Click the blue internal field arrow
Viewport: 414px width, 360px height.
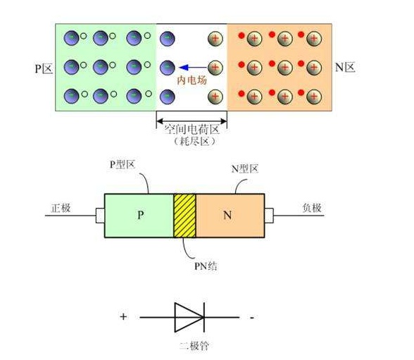(192, 68)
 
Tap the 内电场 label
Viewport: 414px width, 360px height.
(192, 80)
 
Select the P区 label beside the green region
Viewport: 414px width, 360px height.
(44, 68)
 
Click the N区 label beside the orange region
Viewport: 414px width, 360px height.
(345, 68)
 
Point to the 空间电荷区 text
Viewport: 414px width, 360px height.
(192, 130)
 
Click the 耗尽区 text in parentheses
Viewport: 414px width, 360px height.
(194, 142)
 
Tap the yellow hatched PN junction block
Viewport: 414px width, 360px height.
(184, 216)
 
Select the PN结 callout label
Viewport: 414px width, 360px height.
(206, 266)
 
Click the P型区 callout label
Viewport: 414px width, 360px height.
(123, 165)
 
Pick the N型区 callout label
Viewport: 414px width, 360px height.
(245, 168)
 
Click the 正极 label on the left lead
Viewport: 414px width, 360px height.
(61, 208)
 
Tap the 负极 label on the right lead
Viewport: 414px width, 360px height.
(312, 208)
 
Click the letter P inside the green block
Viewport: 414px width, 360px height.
(141, 215)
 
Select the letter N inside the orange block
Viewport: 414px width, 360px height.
(227, 216)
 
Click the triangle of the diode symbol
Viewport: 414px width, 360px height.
(189, 317)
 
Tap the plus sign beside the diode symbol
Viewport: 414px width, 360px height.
(123, 316)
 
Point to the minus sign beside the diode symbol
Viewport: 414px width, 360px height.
(252, 317)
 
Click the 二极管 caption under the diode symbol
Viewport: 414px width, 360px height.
(194, 346)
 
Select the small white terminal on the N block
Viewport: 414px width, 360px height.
(269, 216)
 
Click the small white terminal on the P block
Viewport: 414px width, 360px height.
(100, 216)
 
